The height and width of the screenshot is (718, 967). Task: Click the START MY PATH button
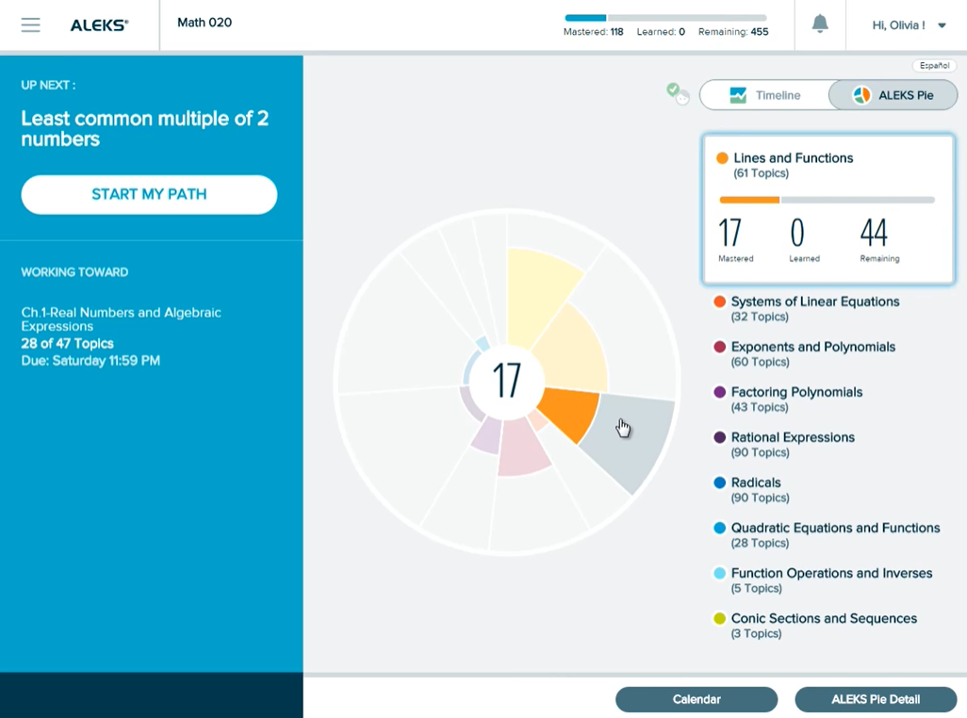pos(149,195)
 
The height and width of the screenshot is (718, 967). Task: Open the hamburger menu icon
pos(30,25)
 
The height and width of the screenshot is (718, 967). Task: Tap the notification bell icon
pos(820,24)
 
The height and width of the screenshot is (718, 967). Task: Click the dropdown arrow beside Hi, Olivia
pos(942,25)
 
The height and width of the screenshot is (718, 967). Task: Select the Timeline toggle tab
pos(764,95)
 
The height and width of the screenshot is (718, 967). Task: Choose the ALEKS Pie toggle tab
pos(893,95)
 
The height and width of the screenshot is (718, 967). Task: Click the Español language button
pos(934,65)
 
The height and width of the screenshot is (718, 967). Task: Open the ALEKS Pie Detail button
pos(876,699)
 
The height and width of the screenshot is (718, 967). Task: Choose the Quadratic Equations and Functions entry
pos(827,535)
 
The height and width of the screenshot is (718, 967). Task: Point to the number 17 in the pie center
pos(506,381)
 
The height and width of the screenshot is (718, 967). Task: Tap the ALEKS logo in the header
pos(99,25)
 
